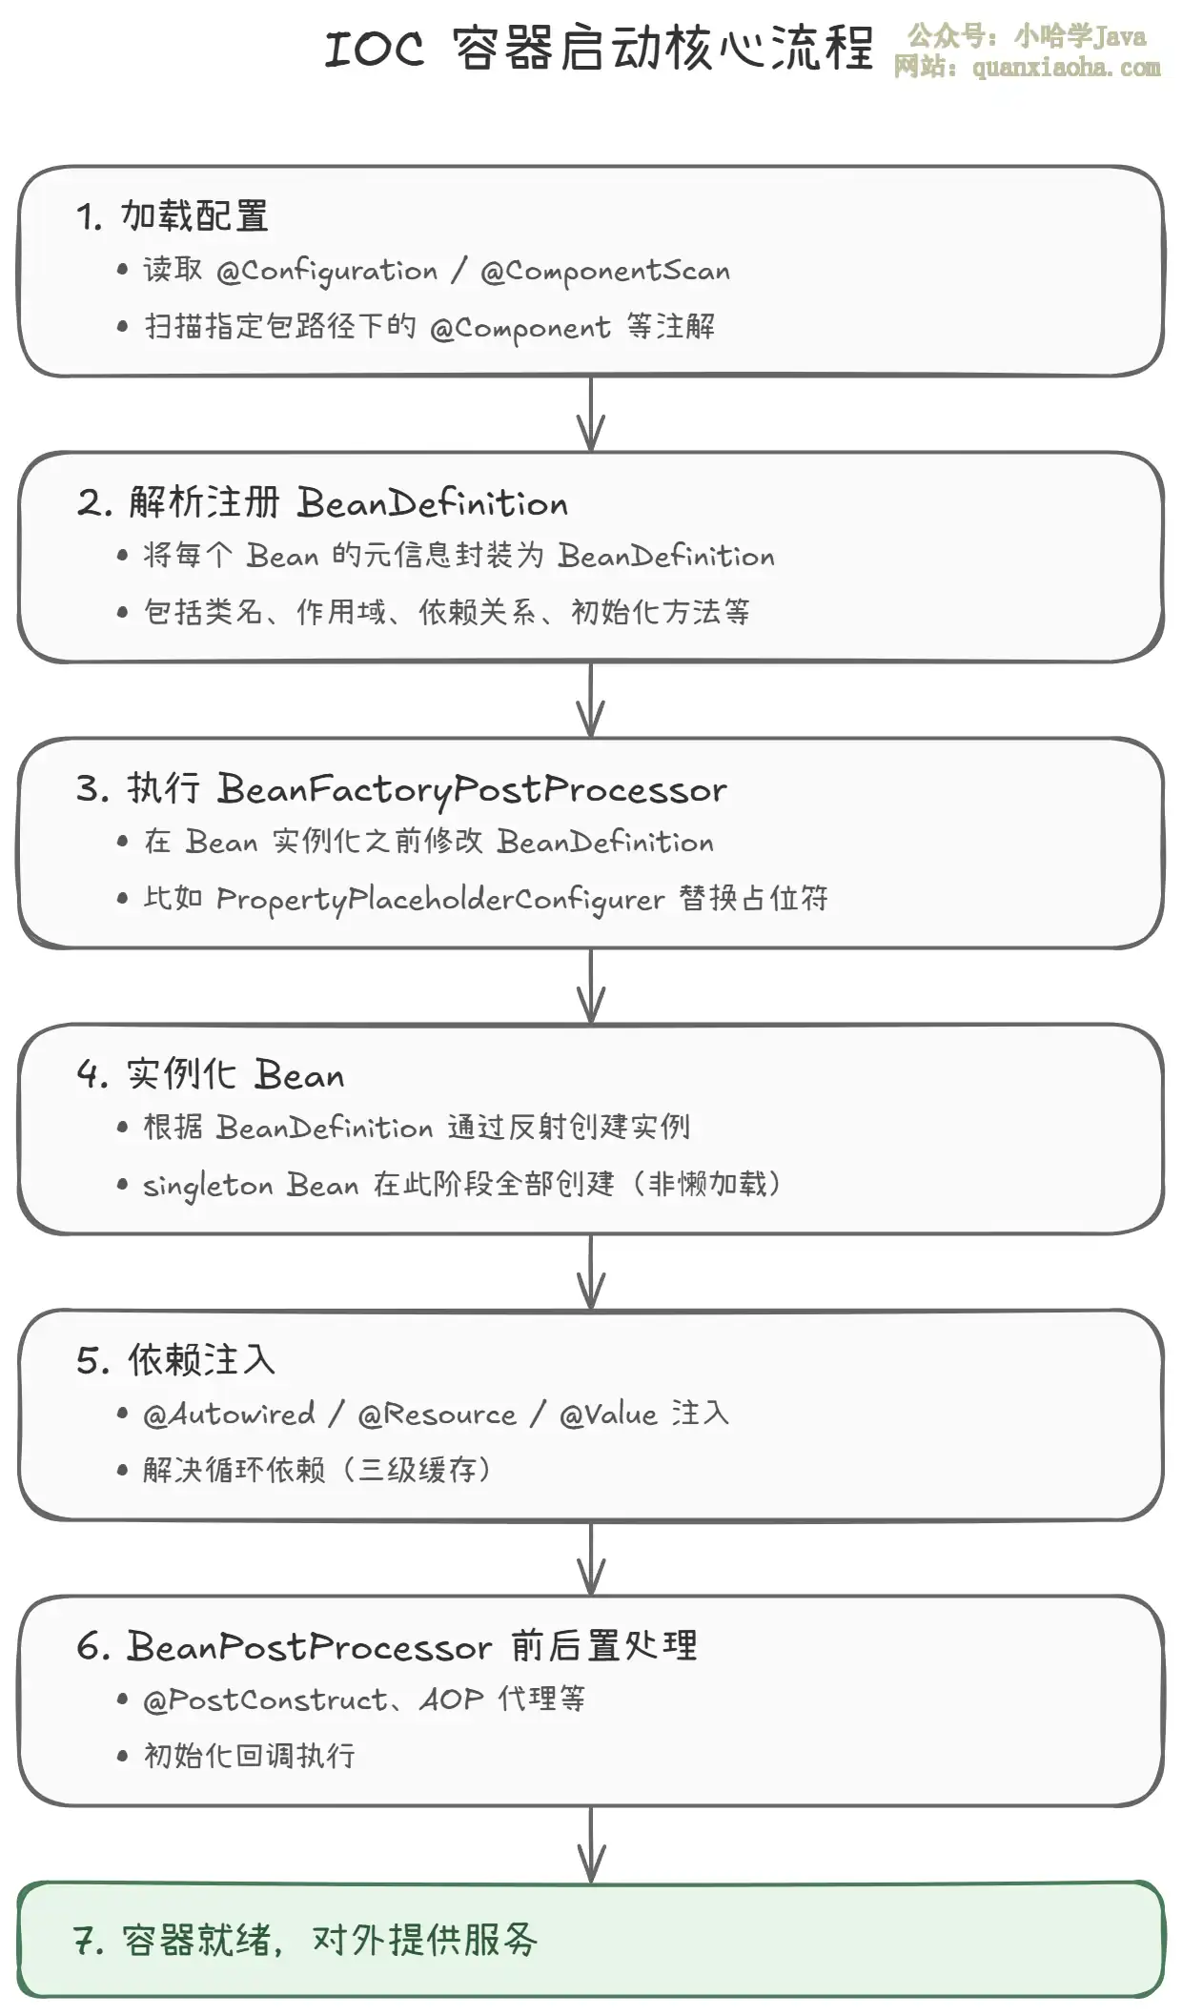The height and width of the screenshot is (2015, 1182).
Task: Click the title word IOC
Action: point(374,49)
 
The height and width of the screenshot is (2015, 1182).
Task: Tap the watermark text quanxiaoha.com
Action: point(1066,68)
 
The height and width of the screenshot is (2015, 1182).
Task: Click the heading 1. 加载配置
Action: point(173,216)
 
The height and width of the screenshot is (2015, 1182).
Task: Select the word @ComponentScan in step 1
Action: point(605,272)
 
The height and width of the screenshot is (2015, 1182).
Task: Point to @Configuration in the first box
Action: point(327,272)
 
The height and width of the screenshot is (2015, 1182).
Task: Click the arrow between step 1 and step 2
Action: point(591,414)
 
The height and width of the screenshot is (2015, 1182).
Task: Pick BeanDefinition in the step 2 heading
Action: point(433,502)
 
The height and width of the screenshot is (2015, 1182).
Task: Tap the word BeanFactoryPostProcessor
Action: point(472,790)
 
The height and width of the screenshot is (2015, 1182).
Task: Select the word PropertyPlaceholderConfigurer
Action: point(440,900)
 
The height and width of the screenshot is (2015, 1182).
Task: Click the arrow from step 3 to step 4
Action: point(591,986)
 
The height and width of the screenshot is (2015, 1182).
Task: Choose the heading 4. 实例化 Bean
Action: point(211,1074)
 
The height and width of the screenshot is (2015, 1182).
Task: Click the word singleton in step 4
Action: point(209,1186)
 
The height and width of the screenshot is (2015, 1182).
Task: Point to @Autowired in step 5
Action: point(229,1414)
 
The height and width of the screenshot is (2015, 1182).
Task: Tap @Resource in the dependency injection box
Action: point(437,1414)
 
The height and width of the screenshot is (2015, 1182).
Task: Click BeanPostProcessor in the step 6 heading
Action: point(310,1646)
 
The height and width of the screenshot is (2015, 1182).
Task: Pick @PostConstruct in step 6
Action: point(265,1700)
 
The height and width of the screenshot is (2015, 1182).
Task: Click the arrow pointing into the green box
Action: point(591,1843)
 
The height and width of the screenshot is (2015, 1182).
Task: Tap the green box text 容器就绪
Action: point(197,1940)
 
